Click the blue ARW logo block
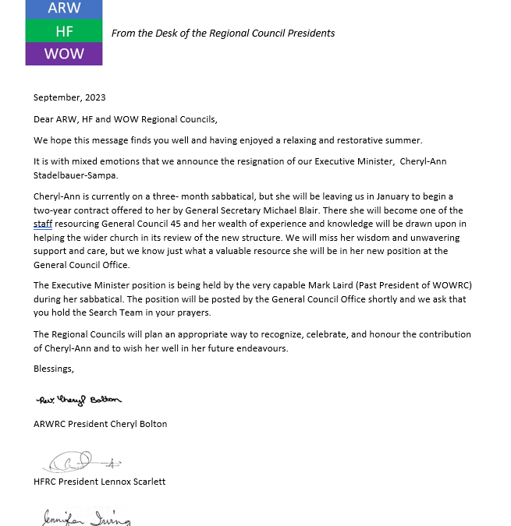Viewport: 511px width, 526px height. tap(64, 9)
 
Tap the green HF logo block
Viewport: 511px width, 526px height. tap(64, 31)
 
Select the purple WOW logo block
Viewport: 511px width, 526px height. tap(64, 55)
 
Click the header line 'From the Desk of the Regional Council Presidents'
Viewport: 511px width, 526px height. tap(223, 33)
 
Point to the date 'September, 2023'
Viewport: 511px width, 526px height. tap(69, 97)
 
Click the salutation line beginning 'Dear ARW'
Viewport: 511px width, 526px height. tap(126, 119)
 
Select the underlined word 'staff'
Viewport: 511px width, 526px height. tap(43, 223)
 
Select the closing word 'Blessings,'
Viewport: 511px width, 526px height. tap(54, 368)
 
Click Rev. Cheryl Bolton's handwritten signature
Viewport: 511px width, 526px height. tap(79, 400)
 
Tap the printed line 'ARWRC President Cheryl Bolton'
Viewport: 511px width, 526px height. tap(100, 424)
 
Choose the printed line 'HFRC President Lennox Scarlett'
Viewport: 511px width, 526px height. tap(99, 482)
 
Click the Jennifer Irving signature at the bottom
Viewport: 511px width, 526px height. tap(86, 517)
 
